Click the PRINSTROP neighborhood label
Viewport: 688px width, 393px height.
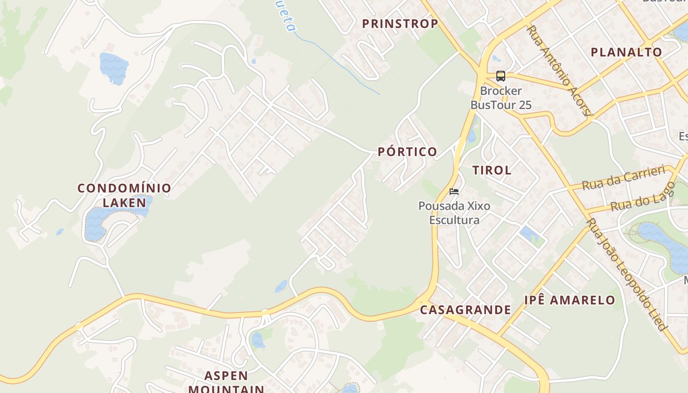[x=400, y=24]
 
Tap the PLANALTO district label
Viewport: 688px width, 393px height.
[x=626, y=52]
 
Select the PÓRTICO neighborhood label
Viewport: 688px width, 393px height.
[x=407, y=152]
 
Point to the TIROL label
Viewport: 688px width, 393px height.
[x=492, y=170]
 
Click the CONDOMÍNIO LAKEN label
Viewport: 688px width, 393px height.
[x=124, y=195]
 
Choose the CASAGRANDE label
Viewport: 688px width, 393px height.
[x=465, y=309]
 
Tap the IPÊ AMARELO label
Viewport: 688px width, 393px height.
[x=570, y=300]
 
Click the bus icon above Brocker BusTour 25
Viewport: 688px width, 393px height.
[x=501, y=76]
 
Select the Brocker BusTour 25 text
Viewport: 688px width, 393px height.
[x=501, y=98]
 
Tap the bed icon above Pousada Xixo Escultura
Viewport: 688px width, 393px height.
[x=454, y=191]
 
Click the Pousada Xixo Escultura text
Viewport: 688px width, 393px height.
[x=454, y=213]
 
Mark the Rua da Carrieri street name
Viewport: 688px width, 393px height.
[x=623, y=177]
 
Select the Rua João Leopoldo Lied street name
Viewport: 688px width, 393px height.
[x=627, y=275]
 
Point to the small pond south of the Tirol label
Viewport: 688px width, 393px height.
[x=529, y=234]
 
